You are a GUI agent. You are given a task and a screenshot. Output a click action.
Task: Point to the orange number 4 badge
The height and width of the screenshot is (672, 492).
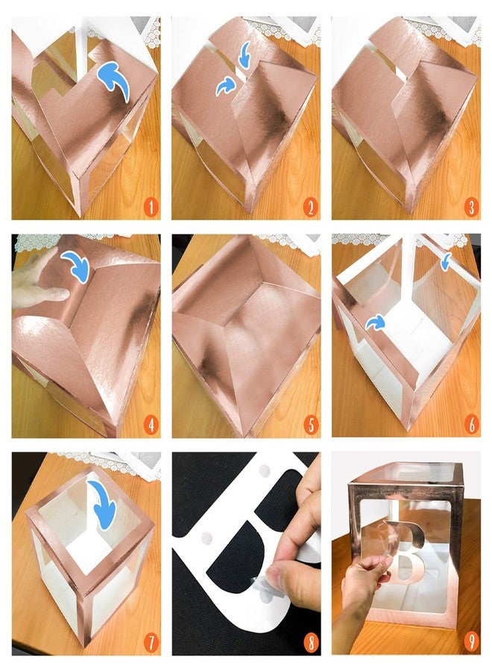coord(150,425)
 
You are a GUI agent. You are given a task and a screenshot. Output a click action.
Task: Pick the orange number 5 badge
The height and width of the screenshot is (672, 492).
coord(310,425)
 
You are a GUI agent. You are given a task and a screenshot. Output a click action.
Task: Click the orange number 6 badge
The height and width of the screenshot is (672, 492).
coord(470,425)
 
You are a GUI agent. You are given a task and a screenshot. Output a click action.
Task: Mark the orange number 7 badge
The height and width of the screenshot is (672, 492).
coord(150,643)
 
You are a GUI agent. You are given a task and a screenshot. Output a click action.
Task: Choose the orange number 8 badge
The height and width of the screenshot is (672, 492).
coord(310,643)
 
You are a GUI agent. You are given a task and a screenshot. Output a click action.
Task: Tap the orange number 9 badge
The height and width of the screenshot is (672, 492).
coord(470,643)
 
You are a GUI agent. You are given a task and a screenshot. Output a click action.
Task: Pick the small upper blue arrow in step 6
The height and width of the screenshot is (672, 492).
coord(446,261)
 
